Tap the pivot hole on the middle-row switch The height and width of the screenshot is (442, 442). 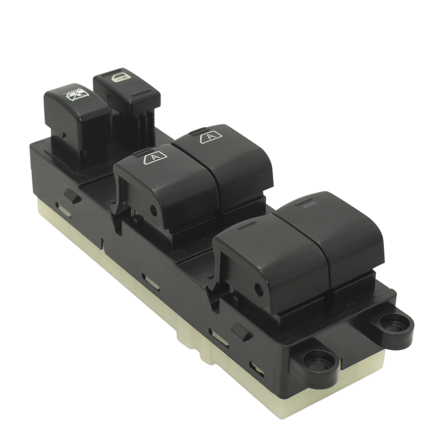153,211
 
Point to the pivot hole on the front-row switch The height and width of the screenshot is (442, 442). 259,288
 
